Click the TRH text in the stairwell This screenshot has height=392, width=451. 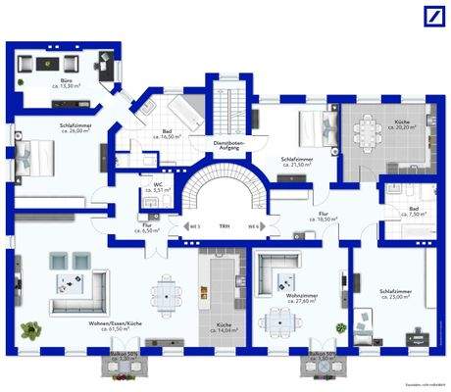tap(224, 226)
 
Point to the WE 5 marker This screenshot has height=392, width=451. tap(195, 226)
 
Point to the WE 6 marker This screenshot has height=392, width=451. tap(253, 226)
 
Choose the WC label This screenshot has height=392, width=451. tap(157, 186)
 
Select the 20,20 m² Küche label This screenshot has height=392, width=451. tap(403, 125)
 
